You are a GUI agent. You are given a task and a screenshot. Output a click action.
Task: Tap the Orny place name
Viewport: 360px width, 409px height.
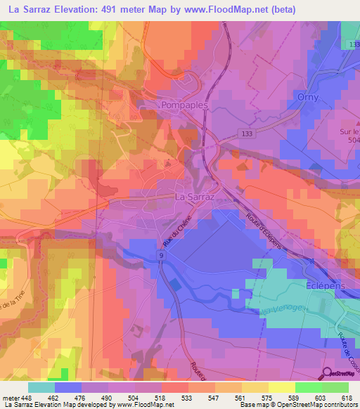pos(307,97)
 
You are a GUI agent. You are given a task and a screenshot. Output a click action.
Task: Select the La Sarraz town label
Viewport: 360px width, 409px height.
pos(193,198)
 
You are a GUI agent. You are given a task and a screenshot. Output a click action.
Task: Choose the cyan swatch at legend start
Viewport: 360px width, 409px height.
pos(41,387)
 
